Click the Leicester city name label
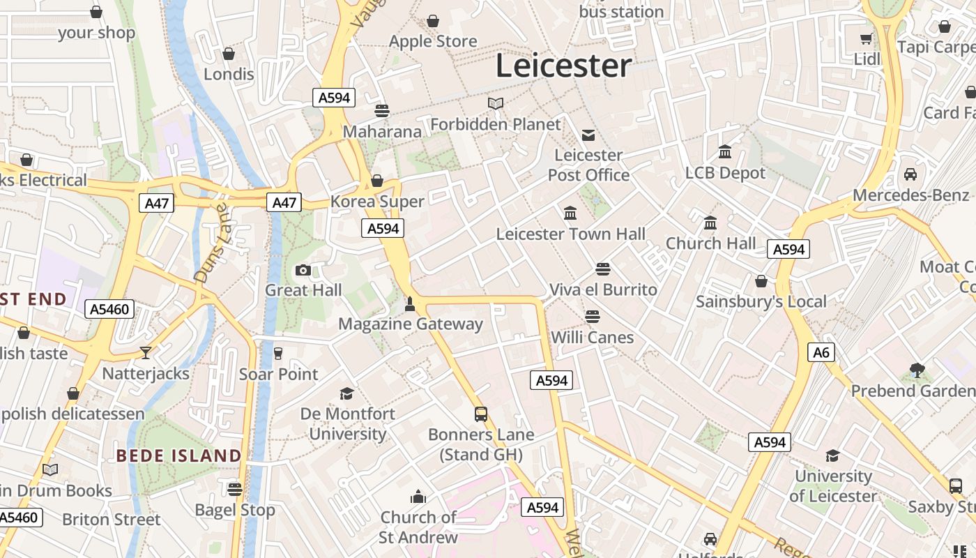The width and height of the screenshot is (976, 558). (563, 66)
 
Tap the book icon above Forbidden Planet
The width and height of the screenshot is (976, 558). (496, 104)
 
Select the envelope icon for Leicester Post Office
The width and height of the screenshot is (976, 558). (588, 135)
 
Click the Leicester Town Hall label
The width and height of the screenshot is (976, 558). (571, 234)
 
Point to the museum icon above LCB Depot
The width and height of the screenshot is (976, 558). (725, 152)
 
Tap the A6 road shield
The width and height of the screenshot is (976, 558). (822, 352)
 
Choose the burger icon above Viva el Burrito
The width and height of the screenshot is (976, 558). (603, 269)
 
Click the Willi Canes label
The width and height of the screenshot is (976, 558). (592, 338)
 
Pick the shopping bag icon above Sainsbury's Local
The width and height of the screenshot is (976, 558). (761, 281)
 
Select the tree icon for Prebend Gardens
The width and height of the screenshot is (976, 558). (917, 370)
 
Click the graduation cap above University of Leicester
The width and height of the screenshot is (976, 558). (832, 456)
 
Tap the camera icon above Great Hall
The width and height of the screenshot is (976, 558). (303, 270)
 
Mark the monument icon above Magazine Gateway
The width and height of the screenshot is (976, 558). (410, 304)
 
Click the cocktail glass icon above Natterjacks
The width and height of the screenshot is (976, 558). (145, 353)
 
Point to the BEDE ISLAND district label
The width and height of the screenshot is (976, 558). (178, 456)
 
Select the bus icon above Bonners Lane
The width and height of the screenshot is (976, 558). (481, 414)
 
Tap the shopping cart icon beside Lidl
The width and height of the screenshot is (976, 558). (867, 39)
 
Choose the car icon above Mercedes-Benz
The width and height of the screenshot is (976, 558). (910, 174)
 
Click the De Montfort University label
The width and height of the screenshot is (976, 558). (347, 424)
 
